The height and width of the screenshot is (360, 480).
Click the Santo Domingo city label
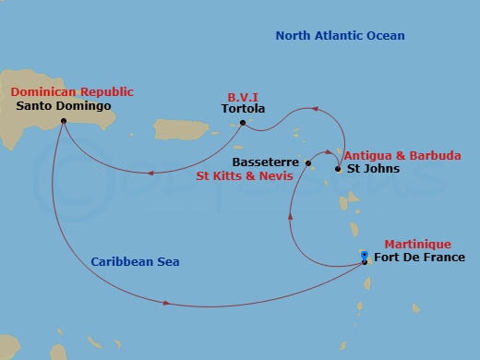click(65, 106)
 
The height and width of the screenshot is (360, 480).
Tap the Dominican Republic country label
click(72, 92)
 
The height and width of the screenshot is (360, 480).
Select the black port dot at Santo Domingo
click(63, 121)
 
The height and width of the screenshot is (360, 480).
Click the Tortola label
click(244, 109)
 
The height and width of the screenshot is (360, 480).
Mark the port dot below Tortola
click(243, 122)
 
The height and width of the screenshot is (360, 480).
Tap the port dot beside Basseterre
click(309, 164)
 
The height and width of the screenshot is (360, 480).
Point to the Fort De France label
click(413, 258)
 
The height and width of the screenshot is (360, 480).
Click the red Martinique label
click(416, 244)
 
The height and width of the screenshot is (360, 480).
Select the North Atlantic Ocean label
click(340, 36)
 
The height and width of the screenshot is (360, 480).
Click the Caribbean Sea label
click(135, 262)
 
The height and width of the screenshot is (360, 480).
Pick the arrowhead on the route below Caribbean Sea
click(167, 303)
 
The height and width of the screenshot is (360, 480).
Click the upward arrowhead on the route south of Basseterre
click(292, 215)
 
